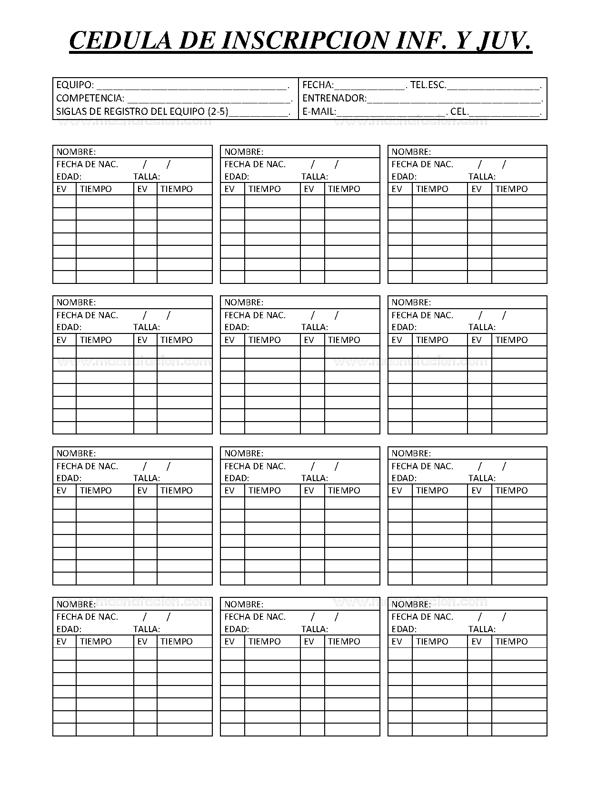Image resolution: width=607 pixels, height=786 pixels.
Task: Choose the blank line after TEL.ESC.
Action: click(x=493, y=87)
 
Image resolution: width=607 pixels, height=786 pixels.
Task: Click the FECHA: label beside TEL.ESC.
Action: click(x=318, y=85)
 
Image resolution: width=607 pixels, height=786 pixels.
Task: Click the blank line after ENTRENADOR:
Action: click(x=454, y=100)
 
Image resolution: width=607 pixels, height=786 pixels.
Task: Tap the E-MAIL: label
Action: click(x=319, y=112)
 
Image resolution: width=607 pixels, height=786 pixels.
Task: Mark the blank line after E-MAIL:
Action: click(x=390, y=113)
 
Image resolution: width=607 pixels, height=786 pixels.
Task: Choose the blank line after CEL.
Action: click(x=504, y=113)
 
